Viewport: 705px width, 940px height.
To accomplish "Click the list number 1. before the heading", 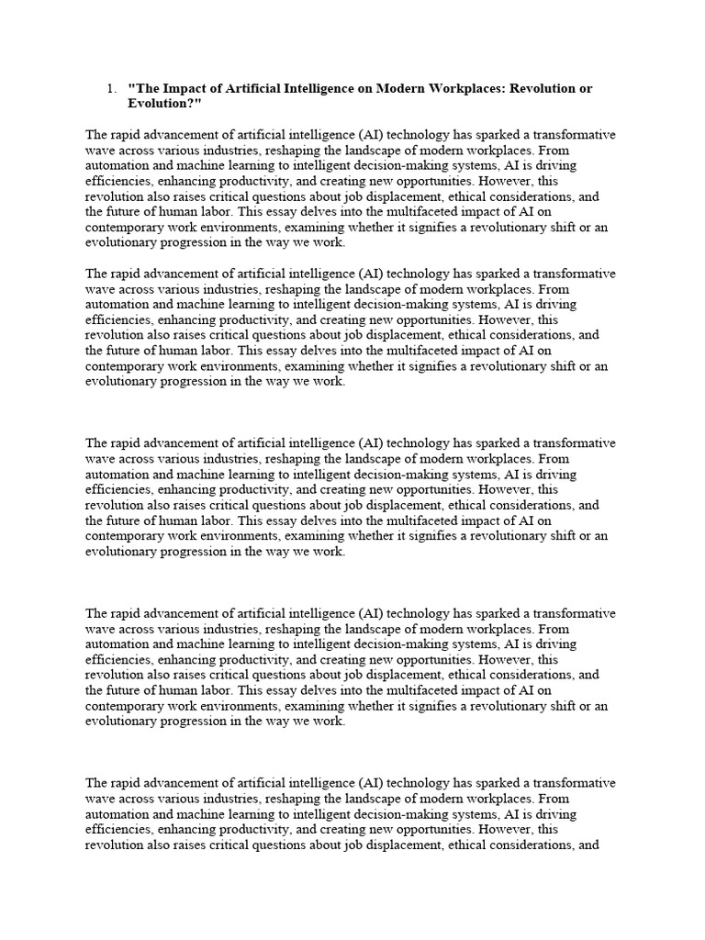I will pyautogui.click(x=110, y=89).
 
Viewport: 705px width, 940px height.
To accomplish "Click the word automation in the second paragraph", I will pyautogui.click(x=117, y=305).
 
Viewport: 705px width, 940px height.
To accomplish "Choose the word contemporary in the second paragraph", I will pyautogui.click(x=124, y=366).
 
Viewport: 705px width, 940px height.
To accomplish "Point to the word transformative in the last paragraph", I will pyautogui.click(x=575, y=783).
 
